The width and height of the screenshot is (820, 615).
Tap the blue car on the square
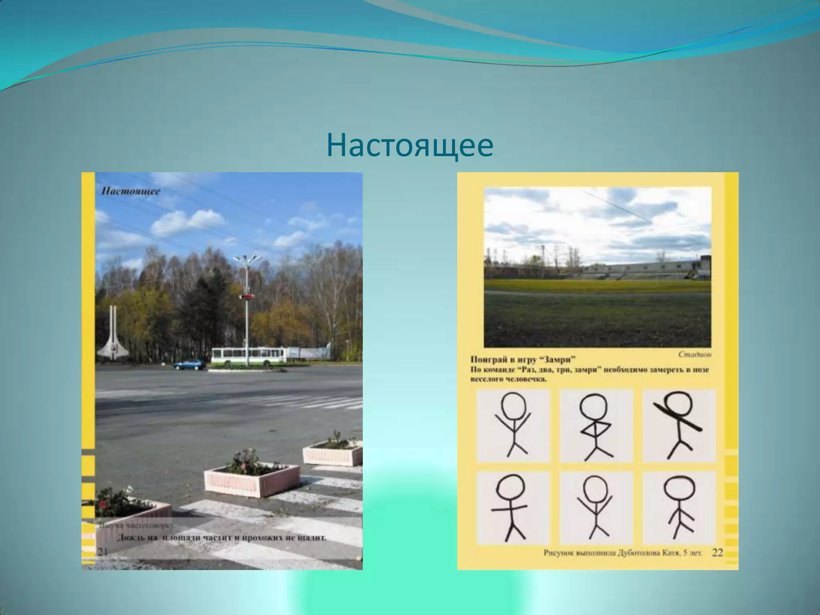pyautogui.click(x=189, y=365)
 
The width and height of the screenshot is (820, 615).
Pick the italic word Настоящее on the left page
pyautogui.click(x=131, y=191)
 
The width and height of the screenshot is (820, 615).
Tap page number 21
pyautogui.click(x=102, y=552)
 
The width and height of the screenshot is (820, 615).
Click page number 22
pyautogui.click(x=717, y=553)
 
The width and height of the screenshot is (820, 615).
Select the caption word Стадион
pyautogui.click(x=695, y=354)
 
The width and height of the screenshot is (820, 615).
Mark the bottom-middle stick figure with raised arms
pyautogui.click(x=595, y=507)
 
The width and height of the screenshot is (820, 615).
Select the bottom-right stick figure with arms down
pyautogui.click(x=679, y=507)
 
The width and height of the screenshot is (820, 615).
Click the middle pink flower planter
pyautogui.click(x=252, y=479)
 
